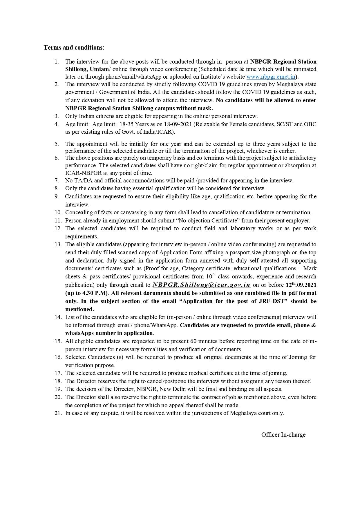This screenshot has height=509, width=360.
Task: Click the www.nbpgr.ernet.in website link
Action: coord(270,77)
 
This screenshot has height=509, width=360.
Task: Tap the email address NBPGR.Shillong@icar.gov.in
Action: coord(201,285)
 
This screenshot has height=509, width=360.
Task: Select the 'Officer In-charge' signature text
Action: coord(283,434)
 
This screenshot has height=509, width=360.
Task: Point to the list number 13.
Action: coord(58,244)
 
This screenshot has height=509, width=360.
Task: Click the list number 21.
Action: coord(58,413)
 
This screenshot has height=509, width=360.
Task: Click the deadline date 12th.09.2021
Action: coord(301,285)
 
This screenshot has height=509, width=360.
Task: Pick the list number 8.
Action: coord(57,188)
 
